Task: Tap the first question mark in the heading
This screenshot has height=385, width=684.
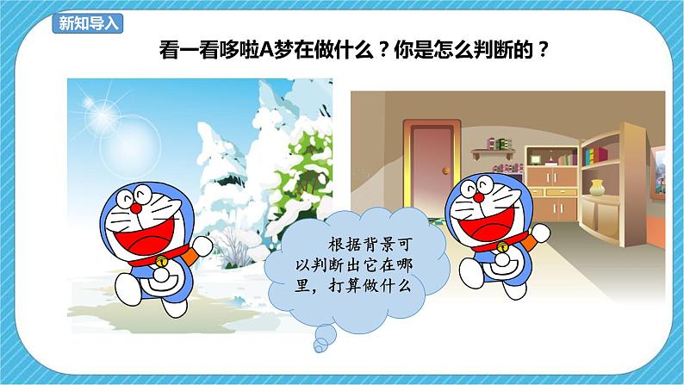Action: tap(373, 49)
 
